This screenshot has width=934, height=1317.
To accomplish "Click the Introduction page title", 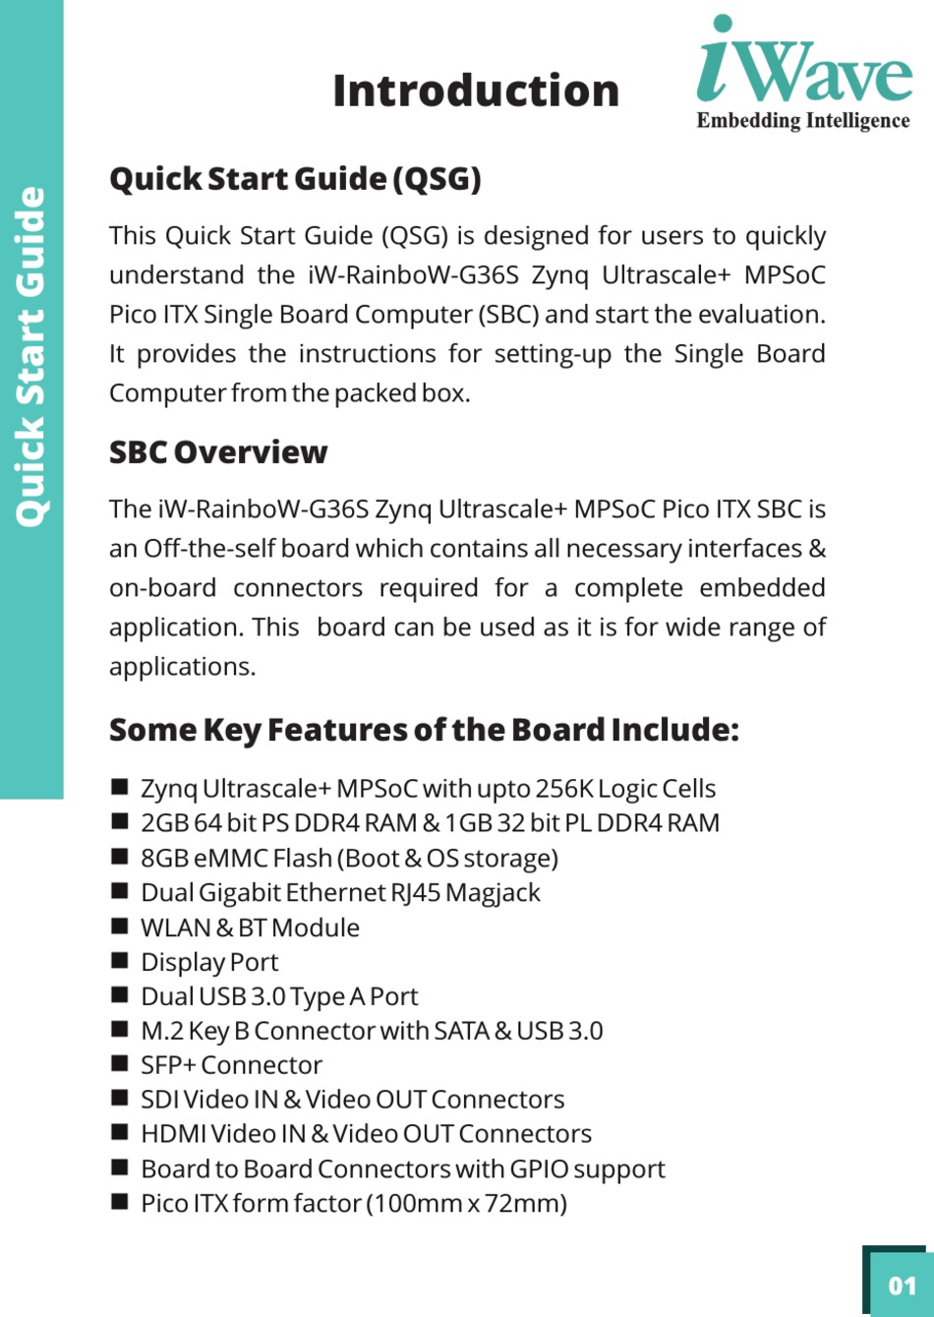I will pyautogui.click(x=476, y=90).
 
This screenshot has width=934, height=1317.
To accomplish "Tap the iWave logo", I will pyautogui.click(x=804, y=61).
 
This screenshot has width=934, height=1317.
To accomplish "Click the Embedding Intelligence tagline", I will pyautogui.click(x=803, y=121).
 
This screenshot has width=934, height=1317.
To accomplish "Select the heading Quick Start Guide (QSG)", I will pyautogui.click(x=295, y=179).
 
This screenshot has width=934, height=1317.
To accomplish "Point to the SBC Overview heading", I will pyautogui.click(x=218, y=452).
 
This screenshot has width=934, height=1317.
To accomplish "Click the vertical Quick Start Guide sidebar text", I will pyautogui.click(x=31, y=356).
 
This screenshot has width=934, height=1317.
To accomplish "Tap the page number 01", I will pyautogui.click(x=902, y=1285).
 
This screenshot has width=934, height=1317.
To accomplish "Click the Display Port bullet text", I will pyautogui.click(x=209, y=962).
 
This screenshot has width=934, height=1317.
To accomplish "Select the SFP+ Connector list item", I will pyautogui.click(x=231, y=1065).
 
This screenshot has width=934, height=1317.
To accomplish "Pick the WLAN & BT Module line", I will pyautogui.click(x=250, y=928).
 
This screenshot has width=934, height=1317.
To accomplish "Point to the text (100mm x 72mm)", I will pyautogui.click(x=466, y=1204).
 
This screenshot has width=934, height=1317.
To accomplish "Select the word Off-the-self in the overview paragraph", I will pyautogui.click(x=207, y=549).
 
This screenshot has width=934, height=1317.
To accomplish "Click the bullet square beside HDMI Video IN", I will pyautogui.click(x=120, y=1133).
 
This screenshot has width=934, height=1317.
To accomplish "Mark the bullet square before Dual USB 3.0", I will pyautogui.click(x=120, y=995).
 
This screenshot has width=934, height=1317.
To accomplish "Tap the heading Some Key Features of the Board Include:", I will pyautogui.click(x=424, y=730).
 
